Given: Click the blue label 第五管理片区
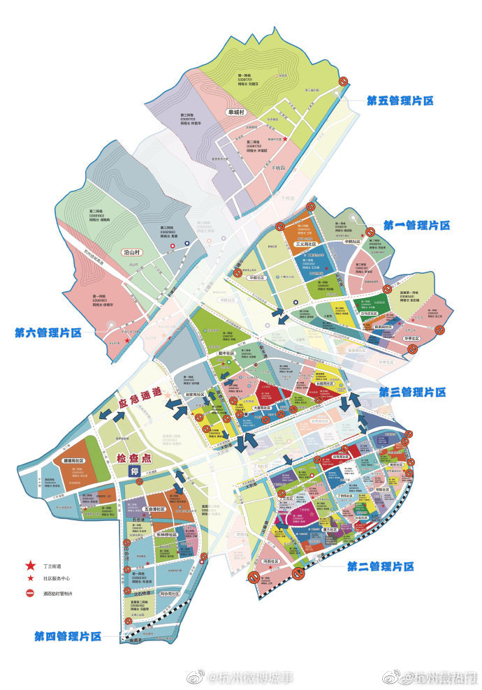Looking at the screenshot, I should (x=400, y=101).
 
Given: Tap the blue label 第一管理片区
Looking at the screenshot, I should (x=416, y=225).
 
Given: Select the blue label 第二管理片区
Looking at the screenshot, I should (x=380, y=566).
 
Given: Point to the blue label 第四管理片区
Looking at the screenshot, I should (x=68, y=636).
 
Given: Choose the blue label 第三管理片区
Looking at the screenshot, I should (x=412, y=392).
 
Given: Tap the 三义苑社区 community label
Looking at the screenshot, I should (x=306, y=244).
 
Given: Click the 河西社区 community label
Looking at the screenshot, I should (x=272, y=561).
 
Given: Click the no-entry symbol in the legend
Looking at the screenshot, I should (x=30, y=594).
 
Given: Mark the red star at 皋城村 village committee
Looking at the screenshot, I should (x=284, y=140).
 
